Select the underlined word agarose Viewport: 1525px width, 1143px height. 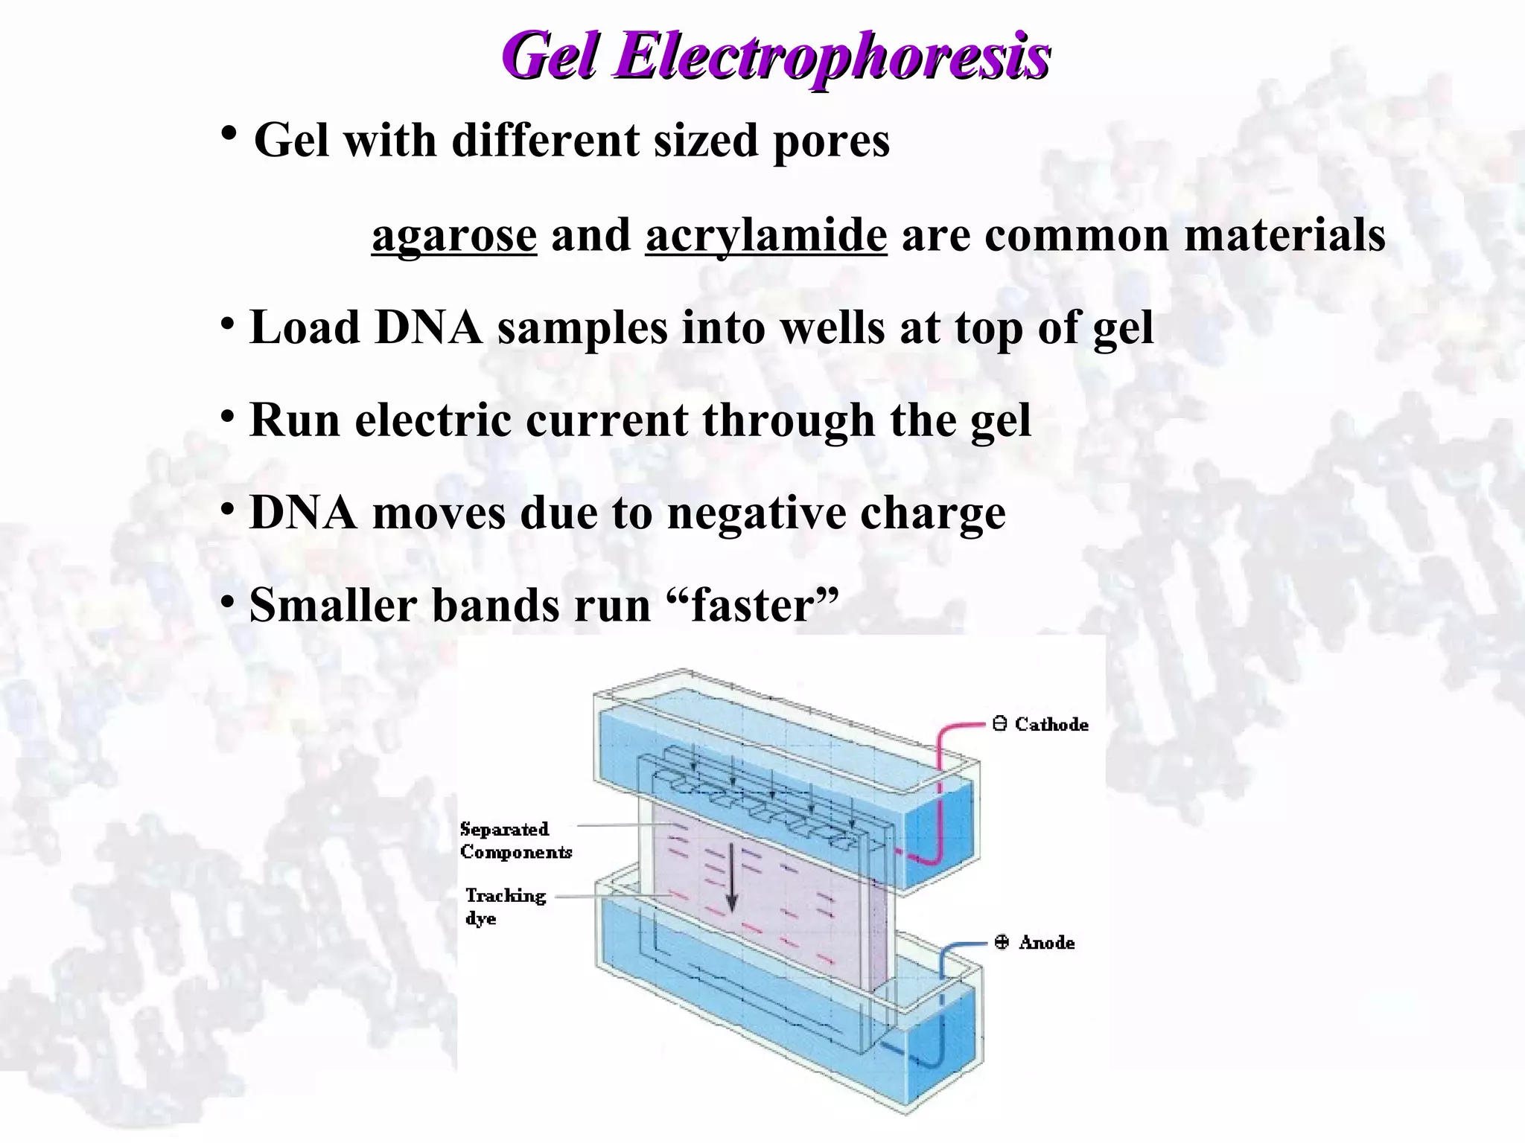coord(454,235)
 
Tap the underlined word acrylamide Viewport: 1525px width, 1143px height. coord(766,235)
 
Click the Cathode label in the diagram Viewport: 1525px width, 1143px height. coord(1051,724)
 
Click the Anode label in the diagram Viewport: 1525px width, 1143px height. coord(1046,943)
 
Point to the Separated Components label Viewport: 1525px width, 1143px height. coord(515,840)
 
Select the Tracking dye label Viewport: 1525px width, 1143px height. coord(505,906)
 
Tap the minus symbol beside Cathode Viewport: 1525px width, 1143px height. coord(1000,723)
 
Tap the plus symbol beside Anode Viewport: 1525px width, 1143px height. coord(1002,942)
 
